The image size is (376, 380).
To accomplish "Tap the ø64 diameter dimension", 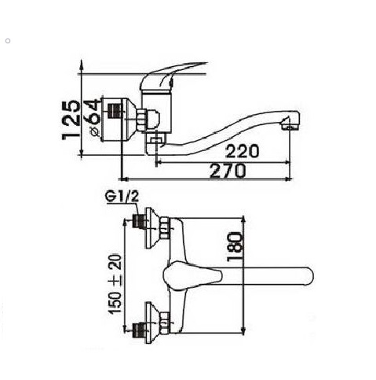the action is [94, 118].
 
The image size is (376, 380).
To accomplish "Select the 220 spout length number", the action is [242, 151].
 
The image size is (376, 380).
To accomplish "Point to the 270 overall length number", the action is [228, 171].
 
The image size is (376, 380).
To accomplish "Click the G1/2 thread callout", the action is [122, 197].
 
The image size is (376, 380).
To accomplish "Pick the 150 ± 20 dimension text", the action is [115, 284].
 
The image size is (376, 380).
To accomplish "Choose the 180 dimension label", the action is [234, 247].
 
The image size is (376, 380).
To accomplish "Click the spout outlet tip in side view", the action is [290, 124].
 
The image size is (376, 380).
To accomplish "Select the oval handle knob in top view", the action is [192, 275].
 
